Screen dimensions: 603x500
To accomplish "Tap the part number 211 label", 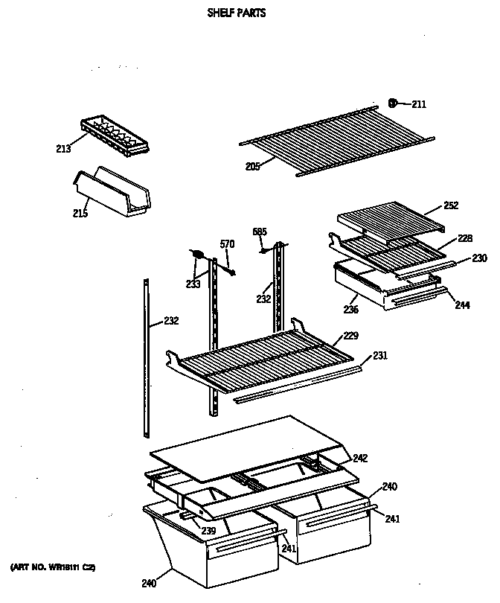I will point(419,104).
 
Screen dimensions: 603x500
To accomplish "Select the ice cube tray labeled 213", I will point(114,135).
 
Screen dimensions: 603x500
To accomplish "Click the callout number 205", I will point(253,167).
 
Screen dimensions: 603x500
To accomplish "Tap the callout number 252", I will point(451,205).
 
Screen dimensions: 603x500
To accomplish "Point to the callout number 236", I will point(352,309).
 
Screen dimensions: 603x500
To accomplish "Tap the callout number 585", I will point(260,232).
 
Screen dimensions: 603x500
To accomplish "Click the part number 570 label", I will point(227,243).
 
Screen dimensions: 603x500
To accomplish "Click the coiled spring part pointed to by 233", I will point(199,255).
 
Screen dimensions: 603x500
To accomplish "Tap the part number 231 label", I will point(380,356).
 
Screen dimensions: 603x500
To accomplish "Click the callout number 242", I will point(360,459).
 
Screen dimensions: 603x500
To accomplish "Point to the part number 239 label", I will point(209,531).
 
